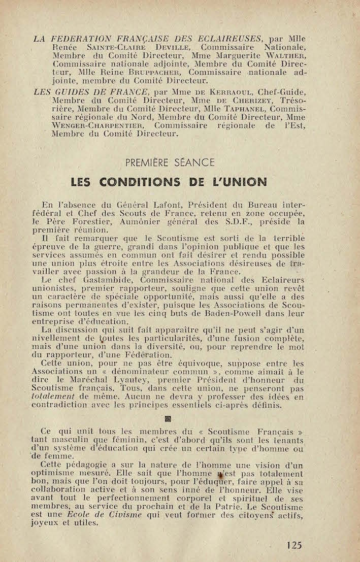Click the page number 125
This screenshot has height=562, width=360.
pyautogui.click(x=293, y=545)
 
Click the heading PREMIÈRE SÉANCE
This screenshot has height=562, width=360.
pyautogui.click(x=169, y=162)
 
